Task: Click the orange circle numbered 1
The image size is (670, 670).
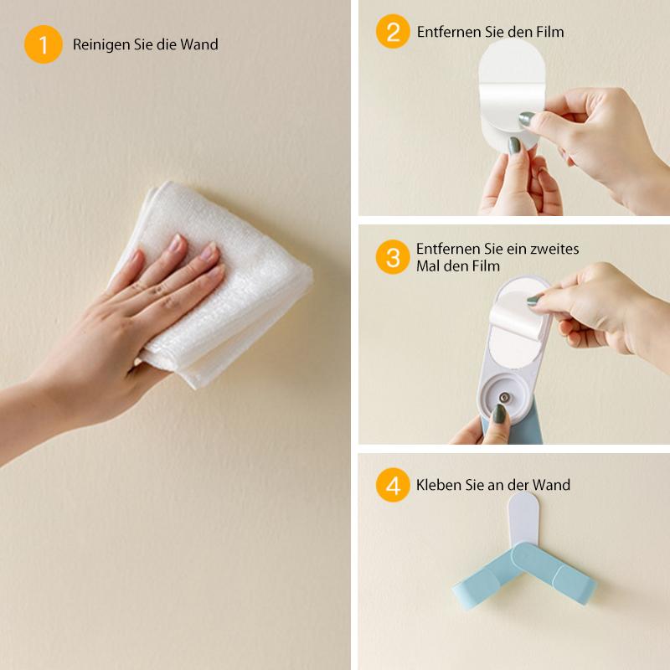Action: point(44,44)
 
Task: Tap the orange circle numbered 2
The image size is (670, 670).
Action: point(393,32)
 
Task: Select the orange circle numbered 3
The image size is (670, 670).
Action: point(393,257)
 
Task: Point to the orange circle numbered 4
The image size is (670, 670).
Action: point(393,485)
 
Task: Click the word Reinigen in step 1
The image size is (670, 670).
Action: point(100,45)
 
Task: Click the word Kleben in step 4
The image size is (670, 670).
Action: point(435,485)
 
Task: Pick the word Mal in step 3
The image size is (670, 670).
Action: point(428,266)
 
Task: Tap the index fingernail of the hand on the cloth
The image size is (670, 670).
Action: point(176,242)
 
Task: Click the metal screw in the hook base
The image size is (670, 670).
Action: point(505,398)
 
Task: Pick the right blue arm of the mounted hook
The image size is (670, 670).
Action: point(555,571)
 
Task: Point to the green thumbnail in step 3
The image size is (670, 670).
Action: point(498,414)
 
